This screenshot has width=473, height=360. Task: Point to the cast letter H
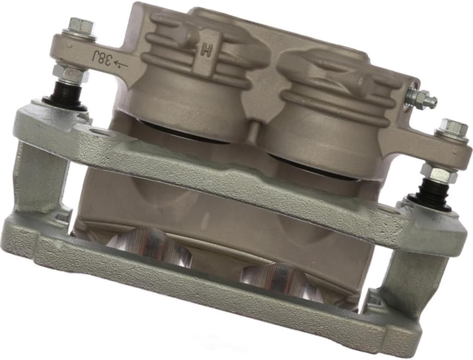206,51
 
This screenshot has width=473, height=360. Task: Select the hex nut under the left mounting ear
71,74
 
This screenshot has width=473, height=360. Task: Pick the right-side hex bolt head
451,129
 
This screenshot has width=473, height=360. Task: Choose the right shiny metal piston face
279,280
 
